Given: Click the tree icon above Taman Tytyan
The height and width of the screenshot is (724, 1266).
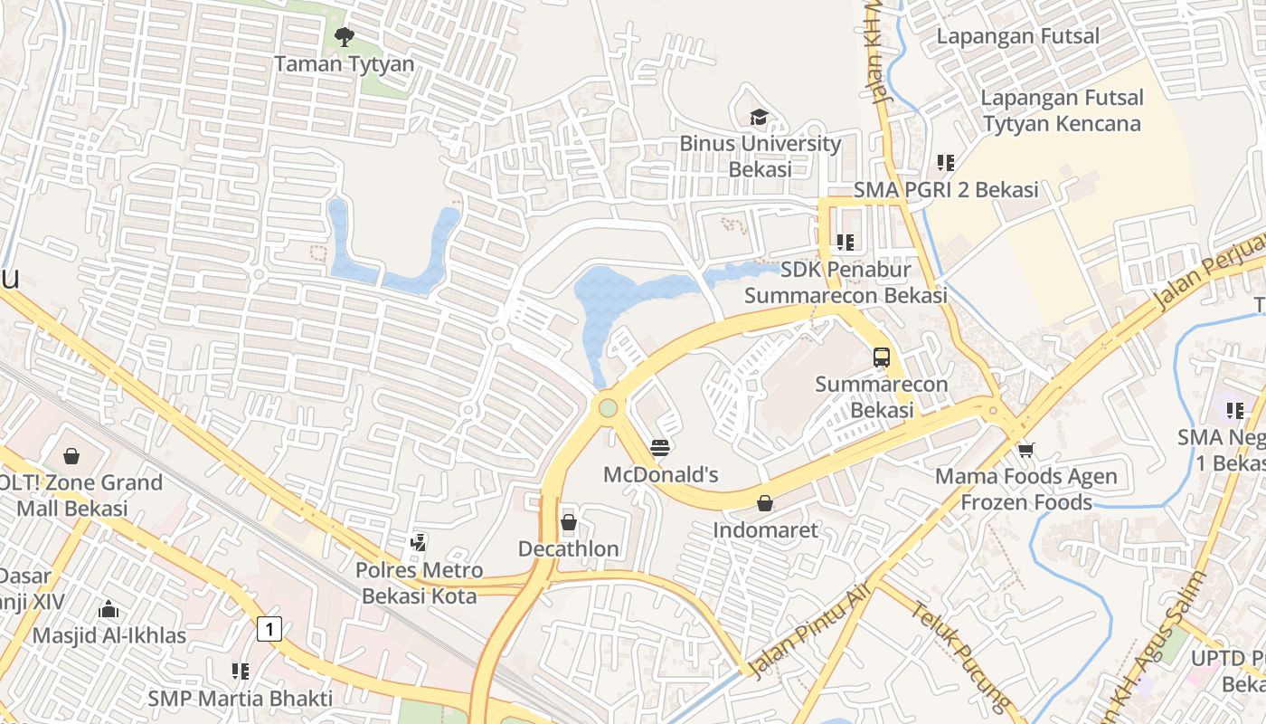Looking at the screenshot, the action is click(344, 37).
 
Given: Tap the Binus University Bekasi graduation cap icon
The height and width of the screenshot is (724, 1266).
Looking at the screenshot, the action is click(759, 118).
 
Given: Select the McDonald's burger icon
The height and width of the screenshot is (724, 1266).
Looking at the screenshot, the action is click(660, 447).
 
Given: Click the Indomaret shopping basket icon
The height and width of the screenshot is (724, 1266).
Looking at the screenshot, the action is click(765, 502).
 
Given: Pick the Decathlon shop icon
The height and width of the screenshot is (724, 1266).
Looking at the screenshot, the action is click(569, 522).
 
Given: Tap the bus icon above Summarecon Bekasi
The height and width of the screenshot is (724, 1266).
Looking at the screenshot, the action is click(882, 357).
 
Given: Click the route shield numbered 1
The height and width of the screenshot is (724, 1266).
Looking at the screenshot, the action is click(269, 628).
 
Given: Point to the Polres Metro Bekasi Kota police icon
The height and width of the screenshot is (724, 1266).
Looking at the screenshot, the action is click(418, 543).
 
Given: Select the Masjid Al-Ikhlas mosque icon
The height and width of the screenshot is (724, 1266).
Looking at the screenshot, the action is click(109, 608).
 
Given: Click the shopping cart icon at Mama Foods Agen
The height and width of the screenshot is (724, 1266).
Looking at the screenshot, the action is click(1025, 450).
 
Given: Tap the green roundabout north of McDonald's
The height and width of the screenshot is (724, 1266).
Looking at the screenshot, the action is click(608, 408).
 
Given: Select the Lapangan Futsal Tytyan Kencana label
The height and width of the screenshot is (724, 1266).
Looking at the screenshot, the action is click(1062, 110).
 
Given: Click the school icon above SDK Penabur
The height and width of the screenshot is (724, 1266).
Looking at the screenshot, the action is click(846, 242).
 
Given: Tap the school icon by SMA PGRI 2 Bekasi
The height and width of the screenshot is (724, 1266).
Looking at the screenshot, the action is click(946, 163).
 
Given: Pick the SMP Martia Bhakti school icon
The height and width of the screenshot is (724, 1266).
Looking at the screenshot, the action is click(240, 672).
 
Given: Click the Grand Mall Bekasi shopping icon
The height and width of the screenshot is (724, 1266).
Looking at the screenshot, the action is click(71, 456).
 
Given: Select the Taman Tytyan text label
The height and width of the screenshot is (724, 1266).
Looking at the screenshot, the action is click(344, 64).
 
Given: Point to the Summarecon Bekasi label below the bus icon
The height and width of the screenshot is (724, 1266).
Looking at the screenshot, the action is click(882, 396).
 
